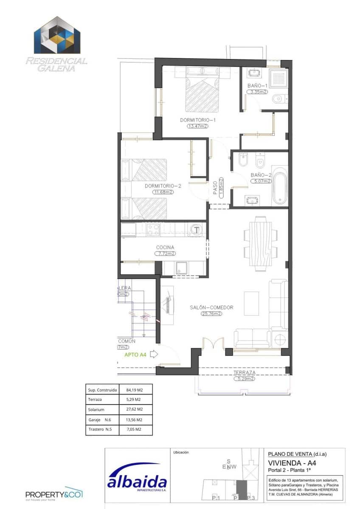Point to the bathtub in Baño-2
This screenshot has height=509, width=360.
279,186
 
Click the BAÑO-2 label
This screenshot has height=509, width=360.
260,175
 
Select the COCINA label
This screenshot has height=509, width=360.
165,247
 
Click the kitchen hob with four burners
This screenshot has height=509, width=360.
153,229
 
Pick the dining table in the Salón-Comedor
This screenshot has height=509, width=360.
260,243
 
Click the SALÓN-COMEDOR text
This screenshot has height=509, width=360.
211,308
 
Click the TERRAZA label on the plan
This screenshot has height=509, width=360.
244,373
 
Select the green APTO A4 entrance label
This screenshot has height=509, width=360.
135,355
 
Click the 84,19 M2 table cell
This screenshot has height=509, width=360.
134,389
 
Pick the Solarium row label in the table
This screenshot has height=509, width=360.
96,410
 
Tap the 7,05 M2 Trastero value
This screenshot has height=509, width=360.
134,430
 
